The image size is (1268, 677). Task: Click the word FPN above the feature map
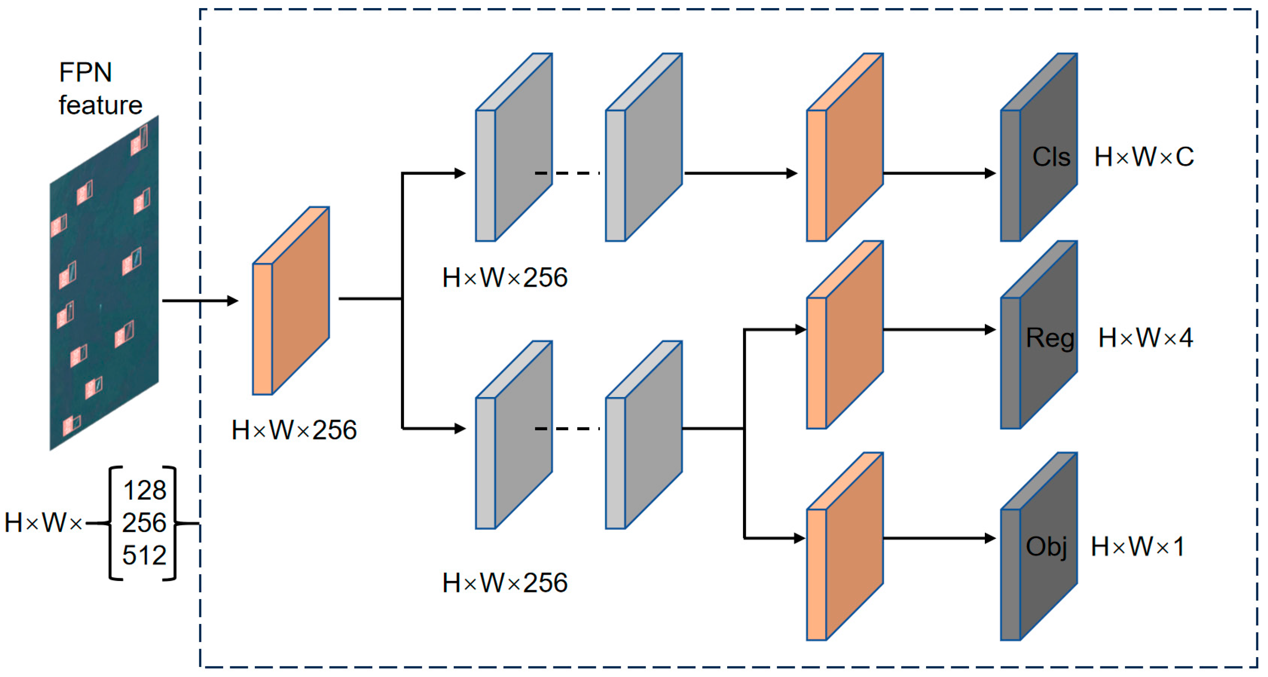pos(85,73)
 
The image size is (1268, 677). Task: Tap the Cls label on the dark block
pos(1051,157)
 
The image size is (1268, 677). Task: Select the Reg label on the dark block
pos(1050,338)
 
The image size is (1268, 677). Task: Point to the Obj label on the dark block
pos(1046,547)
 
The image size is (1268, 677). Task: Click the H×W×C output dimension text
pos(1144,157)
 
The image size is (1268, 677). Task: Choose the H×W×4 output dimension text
pos(1145,338)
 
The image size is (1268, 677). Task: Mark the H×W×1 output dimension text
pos(1137,547)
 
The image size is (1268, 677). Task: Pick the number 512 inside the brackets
pos(144,555)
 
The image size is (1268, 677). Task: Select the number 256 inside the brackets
pos(144,523)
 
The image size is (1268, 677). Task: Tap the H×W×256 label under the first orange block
pos(294,430)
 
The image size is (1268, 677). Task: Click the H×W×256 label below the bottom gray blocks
pos(504,583)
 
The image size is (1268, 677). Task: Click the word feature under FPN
pos(100,105)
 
